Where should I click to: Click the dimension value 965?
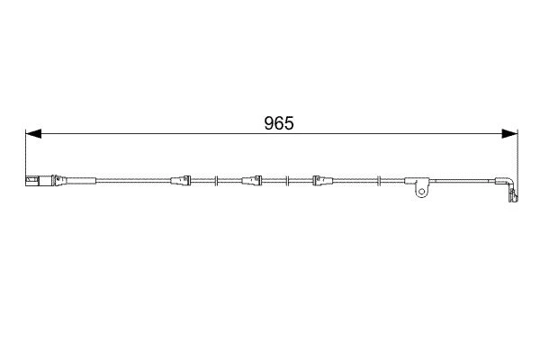point(279,123)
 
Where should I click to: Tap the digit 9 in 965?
point(269,123)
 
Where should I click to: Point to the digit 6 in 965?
point(279,123)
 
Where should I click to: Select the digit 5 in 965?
point(289,123)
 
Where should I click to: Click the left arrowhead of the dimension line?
point(33,134)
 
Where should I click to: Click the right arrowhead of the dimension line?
point(509,134)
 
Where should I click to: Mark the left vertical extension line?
point(26,157)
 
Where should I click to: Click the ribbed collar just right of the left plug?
point(58,181)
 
